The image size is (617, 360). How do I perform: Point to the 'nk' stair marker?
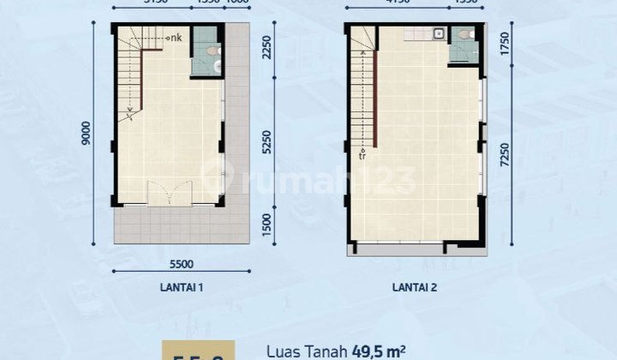coord(175,37)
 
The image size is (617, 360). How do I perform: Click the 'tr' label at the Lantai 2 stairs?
coord(363,156)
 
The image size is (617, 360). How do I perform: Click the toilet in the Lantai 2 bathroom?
coord(464,35)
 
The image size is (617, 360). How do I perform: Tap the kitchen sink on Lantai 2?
coord(439,34)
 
